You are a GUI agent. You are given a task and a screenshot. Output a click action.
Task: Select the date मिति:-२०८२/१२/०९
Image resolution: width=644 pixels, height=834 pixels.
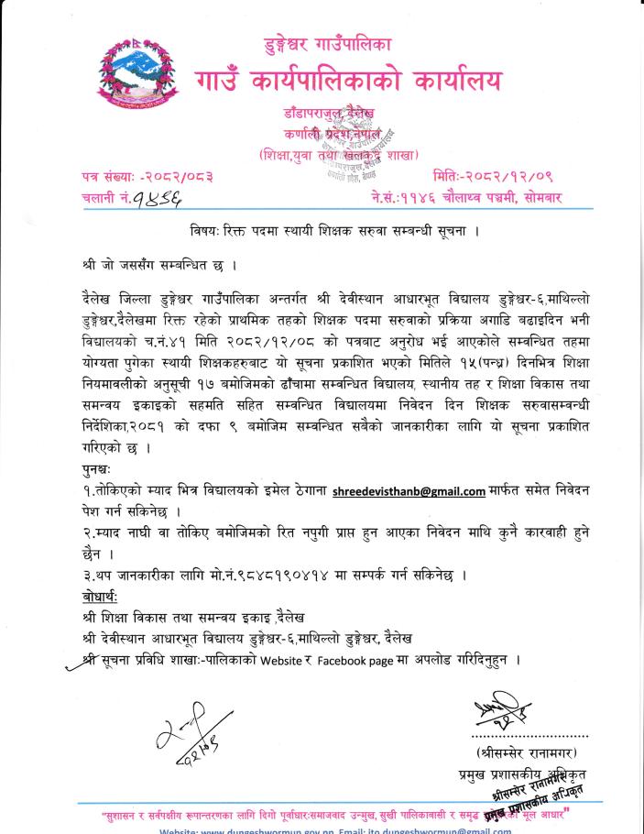pyautogui.click(x=493, y=175)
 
